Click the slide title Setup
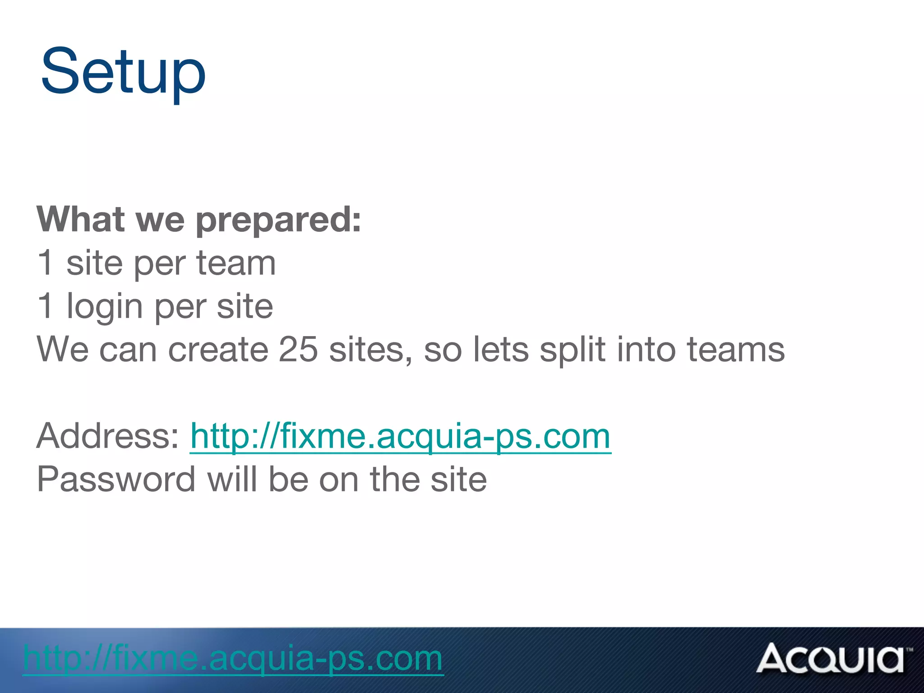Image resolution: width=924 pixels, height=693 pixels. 123,72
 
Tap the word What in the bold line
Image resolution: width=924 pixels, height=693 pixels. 81,220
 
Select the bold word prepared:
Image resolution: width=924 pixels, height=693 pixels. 278,221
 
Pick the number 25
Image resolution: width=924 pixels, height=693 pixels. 298,350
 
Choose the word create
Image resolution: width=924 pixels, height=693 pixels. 218,350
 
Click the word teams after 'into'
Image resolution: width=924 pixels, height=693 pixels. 735,350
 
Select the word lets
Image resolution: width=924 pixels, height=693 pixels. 500,350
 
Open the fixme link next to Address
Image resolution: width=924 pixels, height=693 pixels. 400,437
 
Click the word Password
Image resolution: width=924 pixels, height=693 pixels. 116,480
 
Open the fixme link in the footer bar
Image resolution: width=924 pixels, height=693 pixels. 233,659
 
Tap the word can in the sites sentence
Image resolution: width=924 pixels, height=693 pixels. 128,350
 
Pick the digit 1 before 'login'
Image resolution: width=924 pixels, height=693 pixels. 46,306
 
